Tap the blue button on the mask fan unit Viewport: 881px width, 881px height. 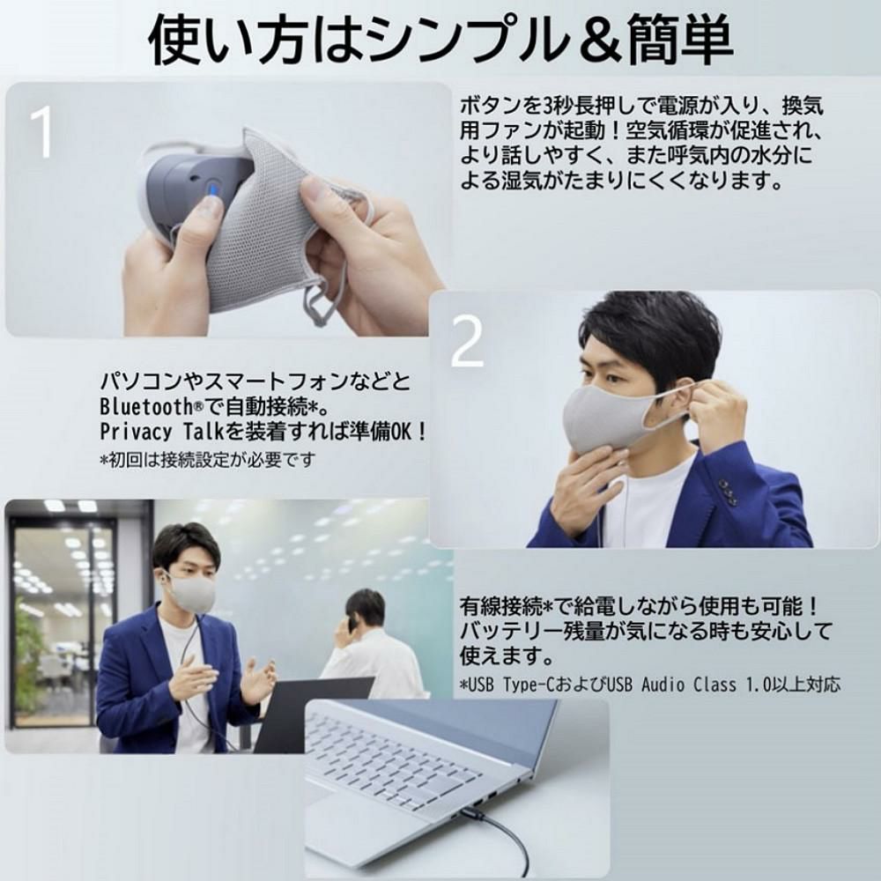(213, 189)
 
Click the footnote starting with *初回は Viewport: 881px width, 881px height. (207, 460)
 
